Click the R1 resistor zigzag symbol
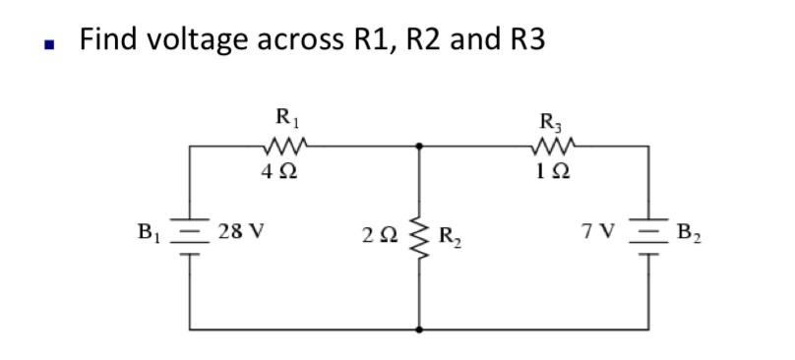pos(286,148)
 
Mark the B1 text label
pos(150,235)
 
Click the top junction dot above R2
pos(420,146)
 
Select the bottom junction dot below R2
pos(420,329)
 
